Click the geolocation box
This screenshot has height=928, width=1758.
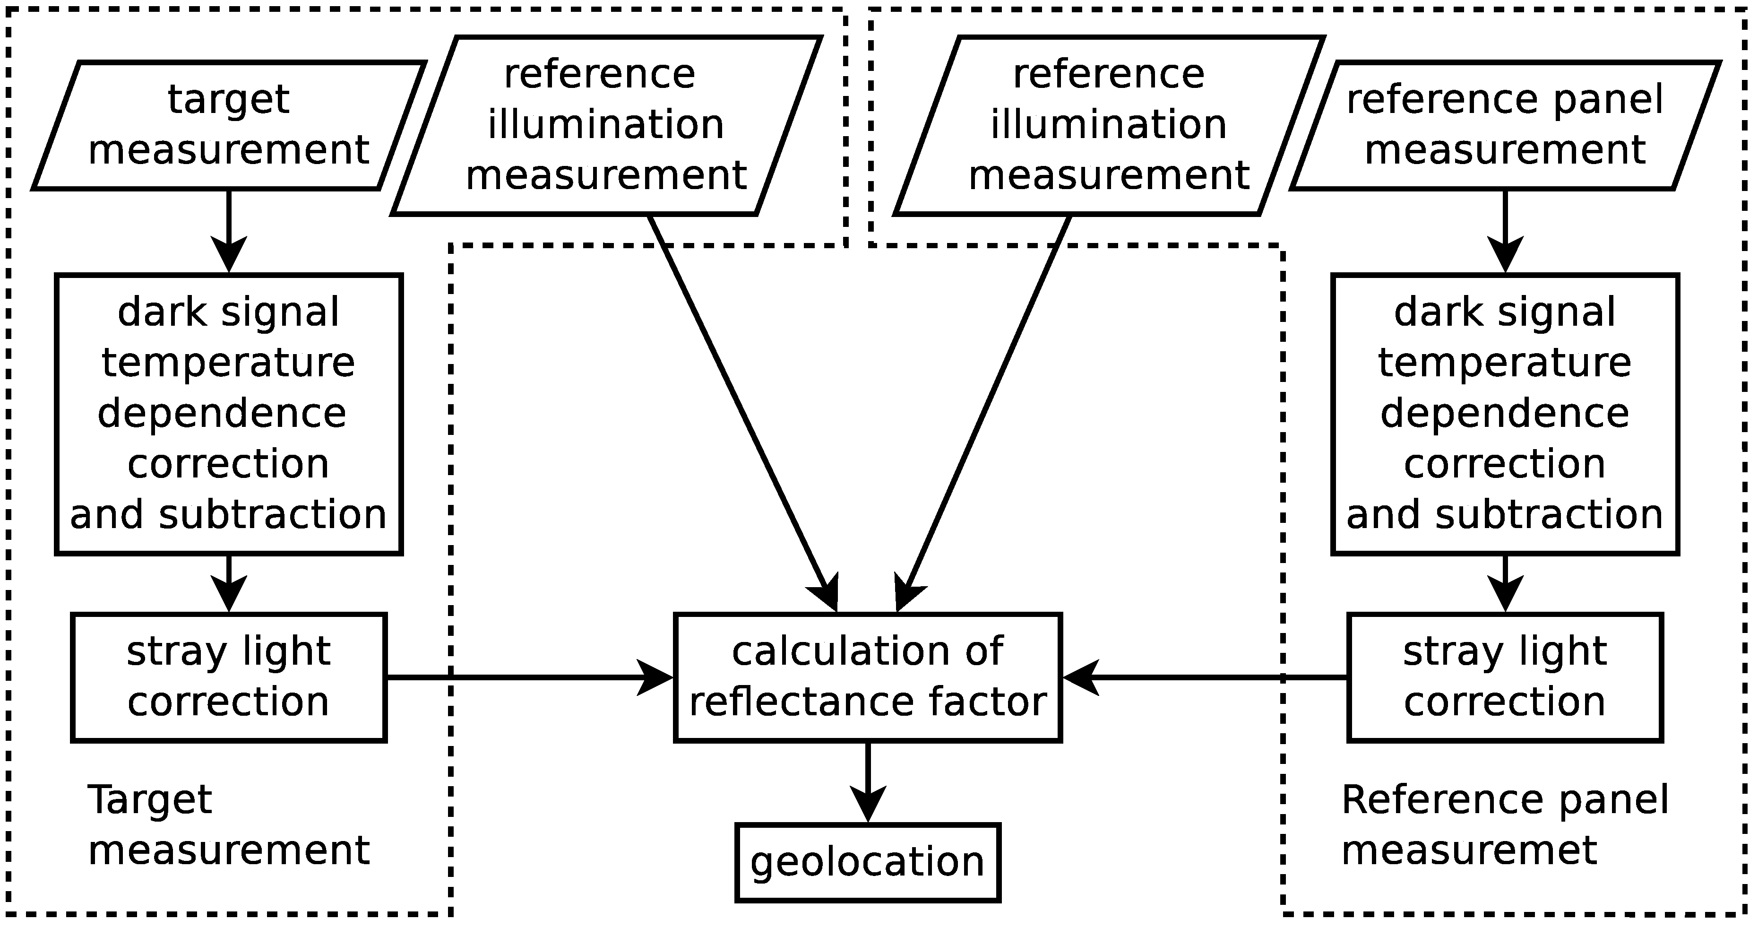pyautogui.click(x=867, y=862)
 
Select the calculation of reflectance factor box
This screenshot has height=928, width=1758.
pyautogui.click(x=867, y=676)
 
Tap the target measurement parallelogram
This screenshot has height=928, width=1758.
pyautogui.click(x=229, y=125)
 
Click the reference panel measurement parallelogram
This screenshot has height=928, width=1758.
pyautogui.click(x=1505, y=125)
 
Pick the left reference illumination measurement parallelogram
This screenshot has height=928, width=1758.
pyautogui.click(x=605, y=125)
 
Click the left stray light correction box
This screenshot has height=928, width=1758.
pyautogui.click(x=229, y=676)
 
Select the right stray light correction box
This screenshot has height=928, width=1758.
pyautogui.click(x=1505, y=676)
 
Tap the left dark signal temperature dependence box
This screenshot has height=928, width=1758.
pyautogui.click(x=229, y=414)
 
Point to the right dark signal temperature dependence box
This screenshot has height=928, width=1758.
pyautogui.click(x=1505, y=414)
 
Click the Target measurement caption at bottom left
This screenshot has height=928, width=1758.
pyautogui.click(x=229, y=825)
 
